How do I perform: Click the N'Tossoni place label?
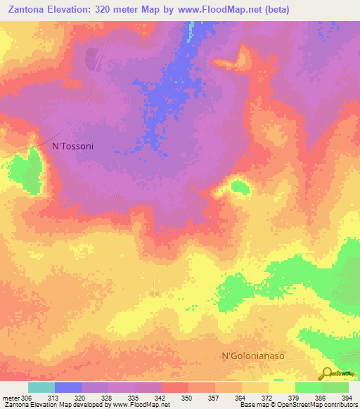[73, 146]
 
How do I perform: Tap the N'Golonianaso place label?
[253, 356]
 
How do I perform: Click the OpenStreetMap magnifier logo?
[326, 373]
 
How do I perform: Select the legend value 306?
[22, 398]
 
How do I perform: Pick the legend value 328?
[108, 398]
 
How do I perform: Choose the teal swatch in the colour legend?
[41, 387]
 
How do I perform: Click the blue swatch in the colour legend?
[68, 387]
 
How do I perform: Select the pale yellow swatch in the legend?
[282, 387]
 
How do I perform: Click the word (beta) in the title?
[274, 10]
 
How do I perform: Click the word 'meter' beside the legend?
[10, 398]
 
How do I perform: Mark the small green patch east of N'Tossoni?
[240, 187]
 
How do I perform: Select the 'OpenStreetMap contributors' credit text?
[321, 405]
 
